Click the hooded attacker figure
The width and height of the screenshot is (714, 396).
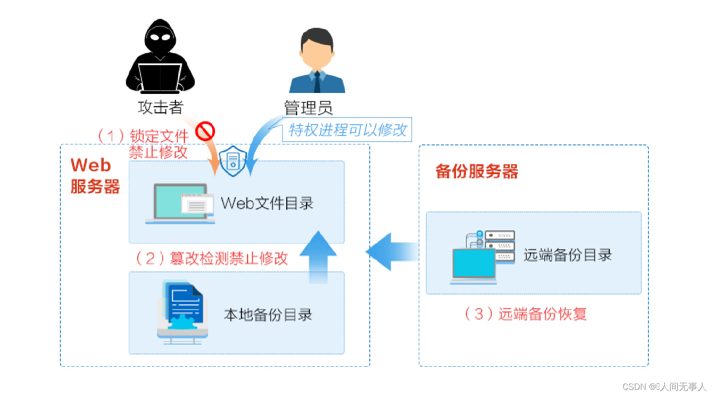tap(160, 57)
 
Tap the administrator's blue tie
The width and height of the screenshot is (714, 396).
tap(317, 82)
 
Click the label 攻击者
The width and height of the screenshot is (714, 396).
tap(160, 108)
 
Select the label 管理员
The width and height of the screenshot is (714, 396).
tap(308, 108)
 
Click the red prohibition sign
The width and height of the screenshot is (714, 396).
tap(205, 131)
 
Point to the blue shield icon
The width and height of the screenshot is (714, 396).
tap(233, 161)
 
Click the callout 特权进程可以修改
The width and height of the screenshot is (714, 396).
tap(347, 130)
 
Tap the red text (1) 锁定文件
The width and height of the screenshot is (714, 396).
tap(143, 136)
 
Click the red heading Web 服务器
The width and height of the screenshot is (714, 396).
tap(94, 176)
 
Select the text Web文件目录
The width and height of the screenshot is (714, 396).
tap(267, 203)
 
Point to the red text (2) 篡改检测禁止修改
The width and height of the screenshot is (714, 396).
tap(212, 258)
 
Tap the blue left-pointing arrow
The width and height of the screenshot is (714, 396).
tap(391, 252)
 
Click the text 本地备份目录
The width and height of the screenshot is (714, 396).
tap(268, 315)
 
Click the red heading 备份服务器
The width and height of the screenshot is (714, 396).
tap(476, 171)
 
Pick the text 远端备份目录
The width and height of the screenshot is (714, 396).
tap(567, 255)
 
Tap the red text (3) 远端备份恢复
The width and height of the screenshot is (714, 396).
tap(526, 314)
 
